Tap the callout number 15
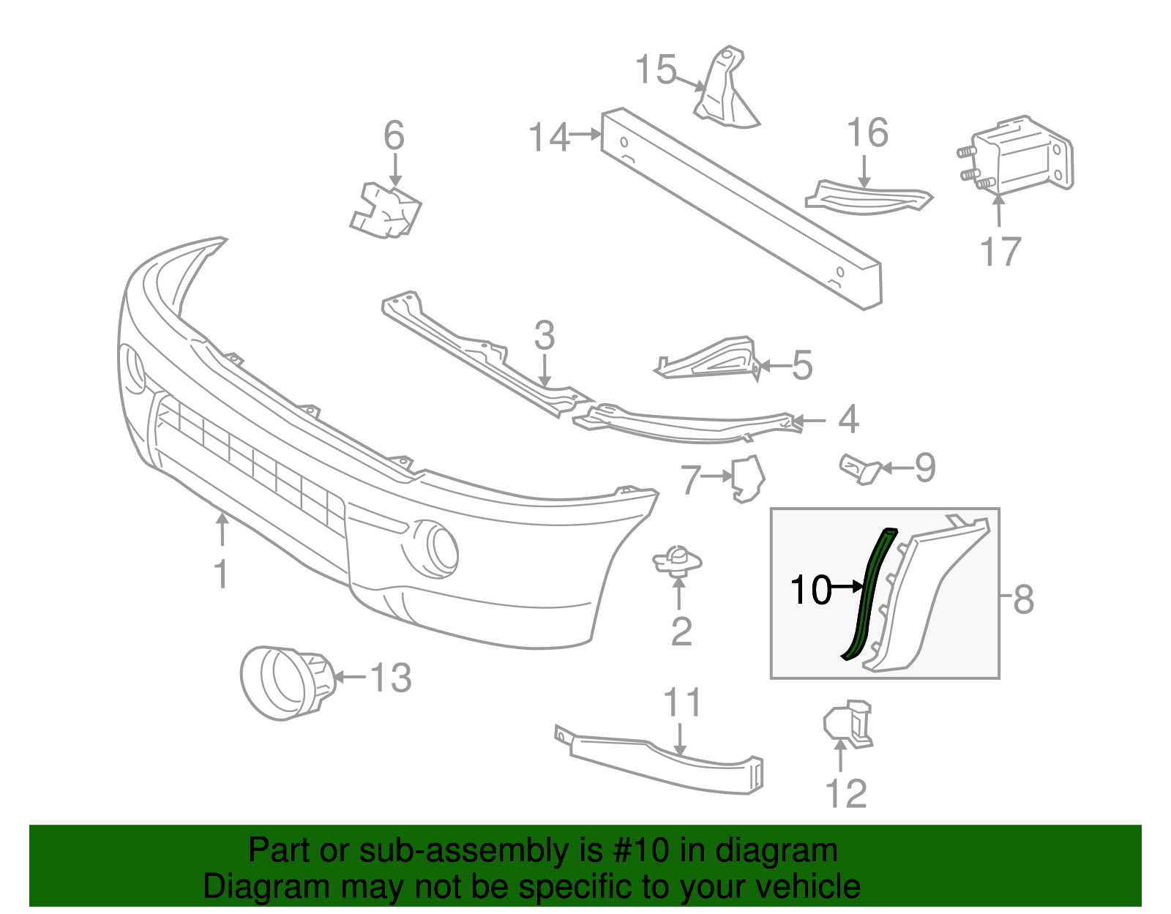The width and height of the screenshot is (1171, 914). [x=656, y=70]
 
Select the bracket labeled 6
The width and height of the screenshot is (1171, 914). [x=386, y=211]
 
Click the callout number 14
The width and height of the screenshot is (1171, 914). [x=549, y=138]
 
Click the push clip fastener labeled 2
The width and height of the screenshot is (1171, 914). [x=678, y=561]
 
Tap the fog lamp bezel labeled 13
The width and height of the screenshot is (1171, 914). [x=286, y=682]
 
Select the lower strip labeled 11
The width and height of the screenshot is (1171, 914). [x=659, y=761]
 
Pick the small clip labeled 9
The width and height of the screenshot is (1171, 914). [x=861, y=468]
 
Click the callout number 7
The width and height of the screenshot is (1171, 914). [x=691, y=480]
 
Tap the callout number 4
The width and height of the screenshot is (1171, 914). [x=848, y=420]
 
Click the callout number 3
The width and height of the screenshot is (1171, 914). [x=545, y=336]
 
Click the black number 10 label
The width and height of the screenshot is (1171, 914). [x=811, y=590]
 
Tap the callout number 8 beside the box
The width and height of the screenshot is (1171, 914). [x=1023, y=599]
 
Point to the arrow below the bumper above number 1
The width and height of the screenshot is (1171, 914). [x=222, y=530]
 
